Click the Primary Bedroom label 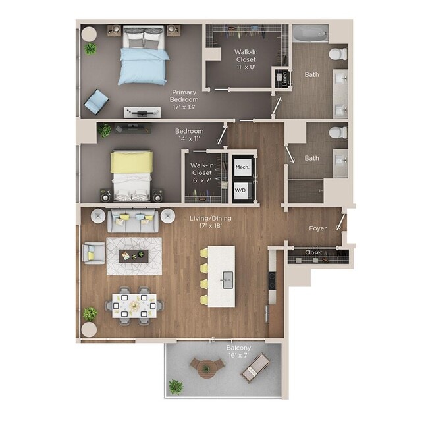184,99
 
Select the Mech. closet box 242,167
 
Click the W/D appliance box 242,190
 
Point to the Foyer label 318,228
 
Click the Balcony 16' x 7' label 238,352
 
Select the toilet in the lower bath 338,132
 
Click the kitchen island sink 227,280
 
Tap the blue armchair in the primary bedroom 96,101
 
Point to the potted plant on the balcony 175,387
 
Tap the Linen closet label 285,78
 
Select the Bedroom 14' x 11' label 189,135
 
